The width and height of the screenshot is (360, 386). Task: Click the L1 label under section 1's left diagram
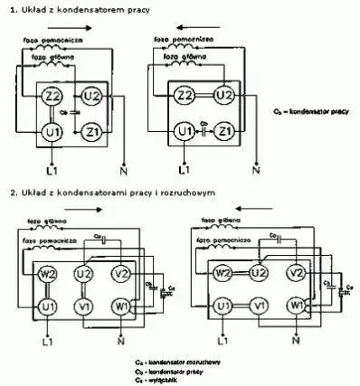[x=53, y=168]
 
